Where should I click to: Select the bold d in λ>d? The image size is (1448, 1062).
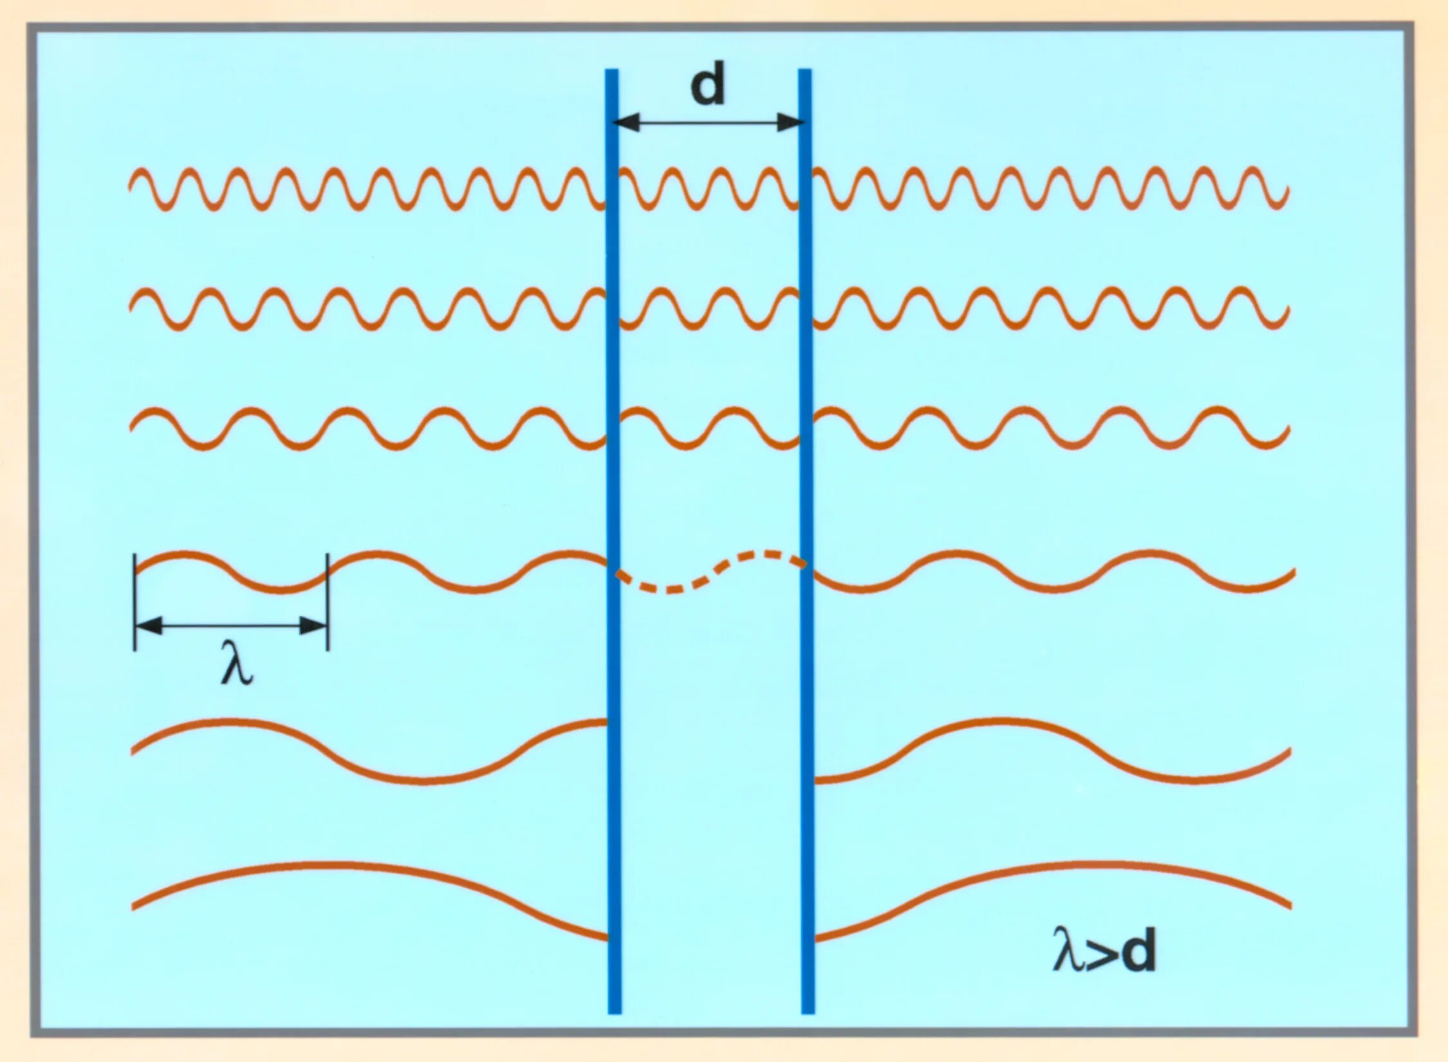click(x=1137, y=949)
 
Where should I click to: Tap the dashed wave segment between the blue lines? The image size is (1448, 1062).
click(x=708, y=572)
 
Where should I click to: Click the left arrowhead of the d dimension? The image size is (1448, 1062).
click(x=627, y=122)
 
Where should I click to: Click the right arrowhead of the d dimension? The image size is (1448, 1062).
click(x=790, y=122)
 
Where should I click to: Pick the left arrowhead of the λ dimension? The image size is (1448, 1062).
click(x=149, y=624)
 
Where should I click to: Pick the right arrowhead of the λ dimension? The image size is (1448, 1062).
click(x=314, y=624)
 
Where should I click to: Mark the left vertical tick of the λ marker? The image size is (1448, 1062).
click(x=135, y=602)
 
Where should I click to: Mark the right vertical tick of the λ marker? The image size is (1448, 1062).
click(x=328, y=602)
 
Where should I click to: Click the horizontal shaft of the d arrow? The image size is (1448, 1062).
click(x=708, y=122)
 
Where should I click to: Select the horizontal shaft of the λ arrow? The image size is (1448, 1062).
click(x=232, y=624)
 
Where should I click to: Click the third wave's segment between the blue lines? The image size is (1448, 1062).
click(x=708, y=427)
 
